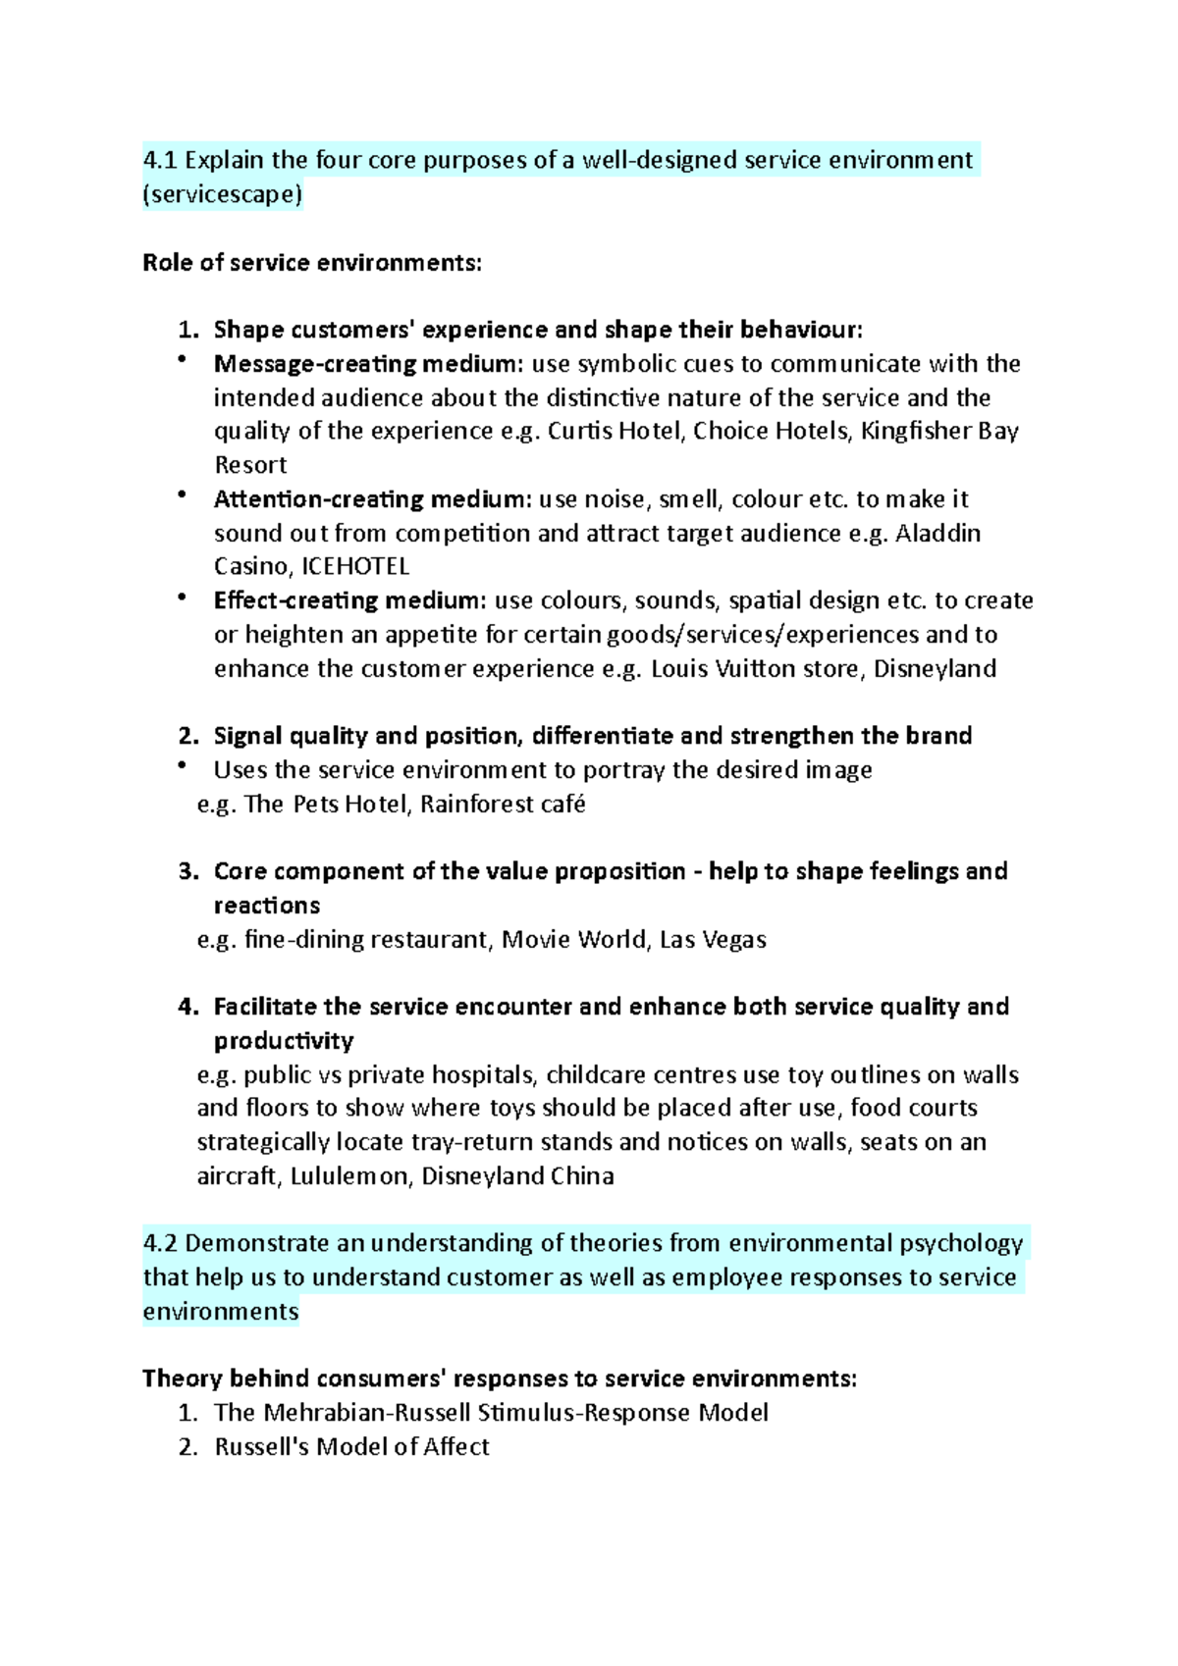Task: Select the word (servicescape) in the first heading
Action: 223,194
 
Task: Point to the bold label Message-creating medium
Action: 369,364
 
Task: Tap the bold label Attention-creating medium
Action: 373,499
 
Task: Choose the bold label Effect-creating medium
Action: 349,600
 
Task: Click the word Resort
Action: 250,465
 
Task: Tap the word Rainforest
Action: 475,805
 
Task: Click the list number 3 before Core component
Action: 187,871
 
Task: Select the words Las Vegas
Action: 713,940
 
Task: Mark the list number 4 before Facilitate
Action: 187,1007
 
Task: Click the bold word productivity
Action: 284,1041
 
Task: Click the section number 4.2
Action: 160,1243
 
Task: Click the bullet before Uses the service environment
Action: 183,766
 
